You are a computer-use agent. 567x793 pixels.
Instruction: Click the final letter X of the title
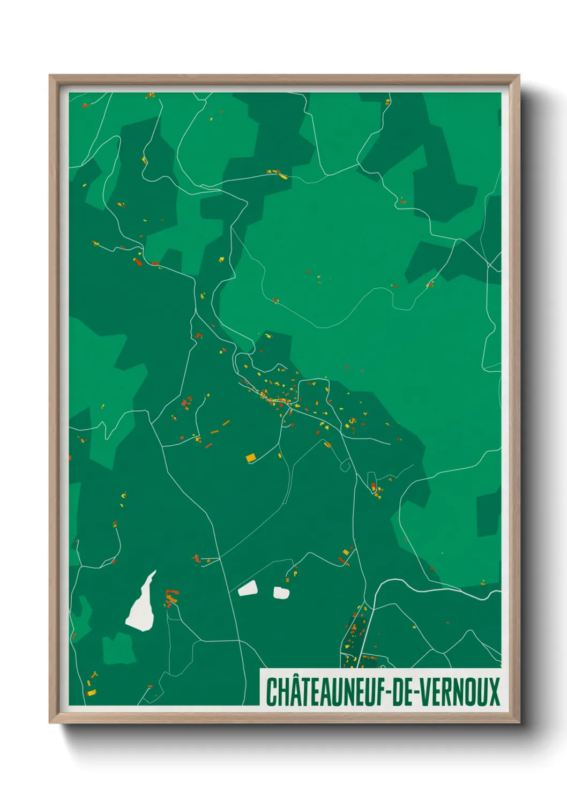(x=493, y=692)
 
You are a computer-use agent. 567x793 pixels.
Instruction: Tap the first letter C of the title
(x=272, y=692)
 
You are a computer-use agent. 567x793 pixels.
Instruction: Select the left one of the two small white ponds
(x=248, y=589)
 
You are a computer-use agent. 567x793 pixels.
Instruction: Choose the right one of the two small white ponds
(x=281, y=593)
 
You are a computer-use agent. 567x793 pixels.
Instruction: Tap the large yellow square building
(x=250, y=458)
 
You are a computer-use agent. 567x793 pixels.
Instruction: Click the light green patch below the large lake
(x=118, y=648)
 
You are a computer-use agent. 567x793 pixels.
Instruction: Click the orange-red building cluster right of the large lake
(x=171, y=597)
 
